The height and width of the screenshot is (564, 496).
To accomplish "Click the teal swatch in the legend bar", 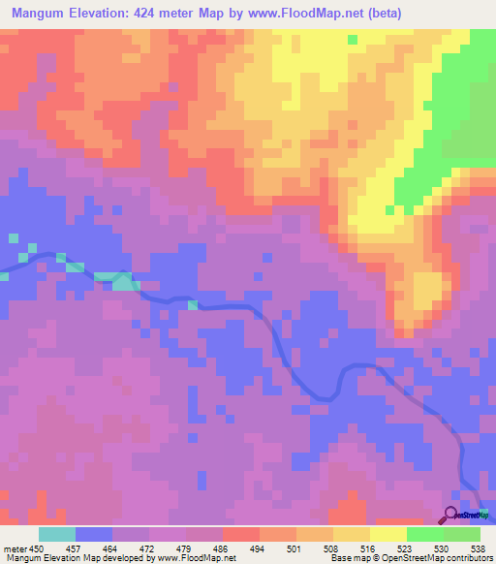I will (57, 534).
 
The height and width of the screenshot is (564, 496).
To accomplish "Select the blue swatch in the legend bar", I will (94, 534).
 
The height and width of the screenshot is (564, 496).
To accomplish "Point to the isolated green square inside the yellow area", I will (353, 40).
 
